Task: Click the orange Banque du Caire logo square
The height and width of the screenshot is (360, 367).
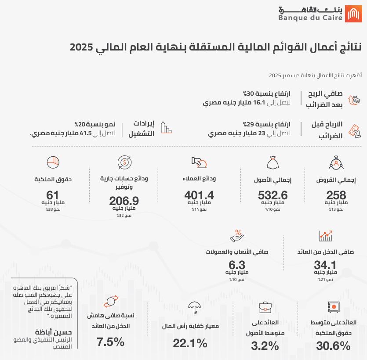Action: coord(354,14)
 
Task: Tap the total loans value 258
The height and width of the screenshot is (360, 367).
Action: coord(336,194)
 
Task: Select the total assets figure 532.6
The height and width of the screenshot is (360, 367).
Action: coord(273,194)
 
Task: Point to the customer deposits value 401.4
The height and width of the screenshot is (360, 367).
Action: coord(199,194)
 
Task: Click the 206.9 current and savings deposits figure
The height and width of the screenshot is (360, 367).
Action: coord(124,201)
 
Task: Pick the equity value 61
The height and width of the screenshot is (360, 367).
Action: coord(53,194)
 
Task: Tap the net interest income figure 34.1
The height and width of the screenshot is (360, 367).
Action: coord(325,265)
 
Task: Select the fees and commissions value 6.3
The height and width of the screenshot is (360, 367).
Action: coord(237,265)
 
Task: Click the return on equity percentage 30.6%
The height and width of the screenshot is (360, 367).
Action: coord(333,346)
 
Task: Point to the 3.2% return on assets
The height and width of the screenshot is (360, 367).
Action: coord(265,346)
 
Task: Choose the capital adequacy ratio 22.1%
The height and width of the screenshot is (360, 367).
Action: coord(190,343)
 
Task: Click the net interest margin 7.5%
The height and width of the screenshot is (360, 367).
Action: coord(111,342)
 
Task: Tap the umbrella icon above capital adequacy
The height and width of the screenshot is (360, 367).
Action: coord(194,307)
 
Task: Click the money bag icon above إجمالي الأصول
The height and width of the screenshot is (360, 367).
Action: coord(273,163)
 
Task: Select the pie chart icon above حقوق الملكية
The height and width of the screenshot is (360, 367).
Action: coord(53,162)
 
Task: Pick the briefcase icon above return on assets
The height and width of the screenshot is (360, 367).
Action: coord(265,307)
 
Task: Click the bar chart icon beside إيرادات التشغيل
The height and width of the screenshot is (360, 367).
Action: coord(166,127)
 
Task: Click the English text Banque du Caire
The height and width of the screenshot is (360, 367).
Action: coord(309,18)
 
